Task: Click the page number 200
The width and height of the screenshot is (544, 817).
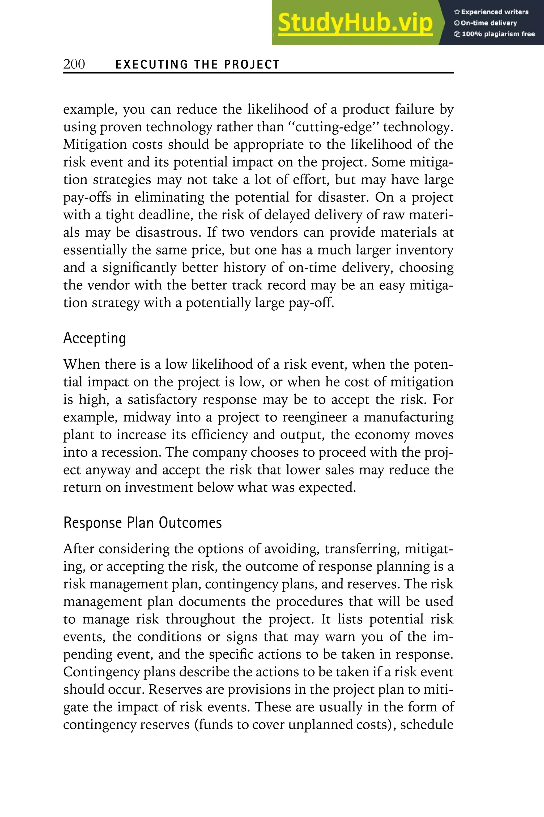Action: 74,64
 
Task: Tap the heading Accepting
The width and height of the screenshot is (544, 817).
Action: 94,338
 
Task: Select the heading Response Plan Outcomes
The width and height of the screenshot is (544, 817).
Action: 142,523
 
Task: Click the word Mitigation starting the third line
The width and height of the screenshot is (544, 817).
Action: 95,144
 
